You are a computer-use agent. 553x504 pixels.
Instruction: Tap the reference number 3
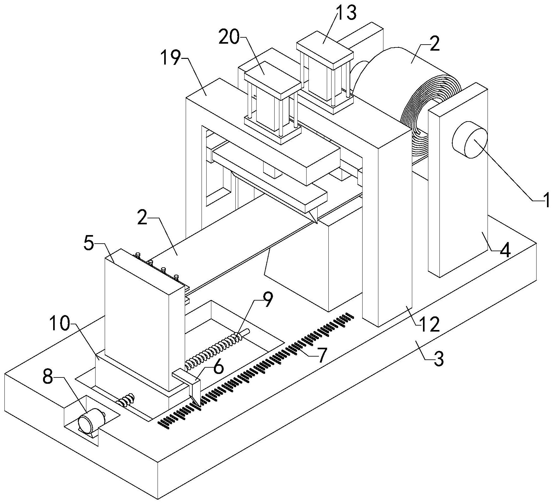438,359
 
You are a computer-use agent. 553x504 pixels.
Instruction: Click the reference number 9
267,300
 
